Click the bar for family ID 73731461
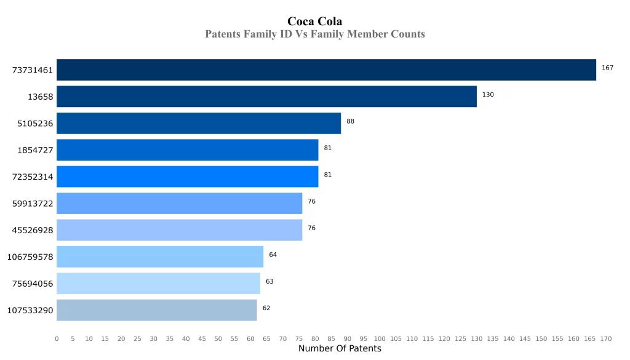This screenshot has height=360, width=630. click(326, 70)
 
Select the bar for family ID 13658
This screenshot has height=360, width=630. click(266, 97)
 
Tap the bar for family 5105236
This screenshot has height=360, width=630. click(199, 123)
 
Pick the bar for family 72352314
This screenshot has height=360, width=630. click(187, 177)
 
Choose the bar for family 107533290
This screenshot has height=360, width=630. click(156, 310)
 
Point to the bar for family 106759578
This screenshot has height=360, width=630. click(160, 257)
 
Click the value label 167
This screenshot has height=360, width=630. click(607, 68)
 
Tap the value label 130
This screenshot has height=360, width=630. click(488, 95)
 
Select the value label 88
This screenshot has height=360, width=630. click(350, 121)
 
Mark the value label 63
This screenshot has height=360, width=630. click(269, 281)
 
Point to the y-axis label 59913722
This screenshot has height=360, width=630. click(33, 204)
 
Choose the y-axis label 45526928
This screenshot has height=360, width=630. click(33, 230)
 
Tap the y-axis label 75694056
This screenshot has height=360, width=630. click(33, 284)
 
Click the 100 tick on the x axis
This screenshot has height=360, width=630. click(380, 338)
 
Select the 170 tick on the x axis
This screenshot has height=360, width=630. click(606, 338)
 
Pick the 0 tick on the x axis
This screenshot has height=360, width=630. click(57, 338)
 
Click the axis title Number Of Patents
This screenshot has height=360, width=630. click(340, 349)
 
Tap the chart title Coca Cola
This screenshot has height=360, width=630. click(315, 22)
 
